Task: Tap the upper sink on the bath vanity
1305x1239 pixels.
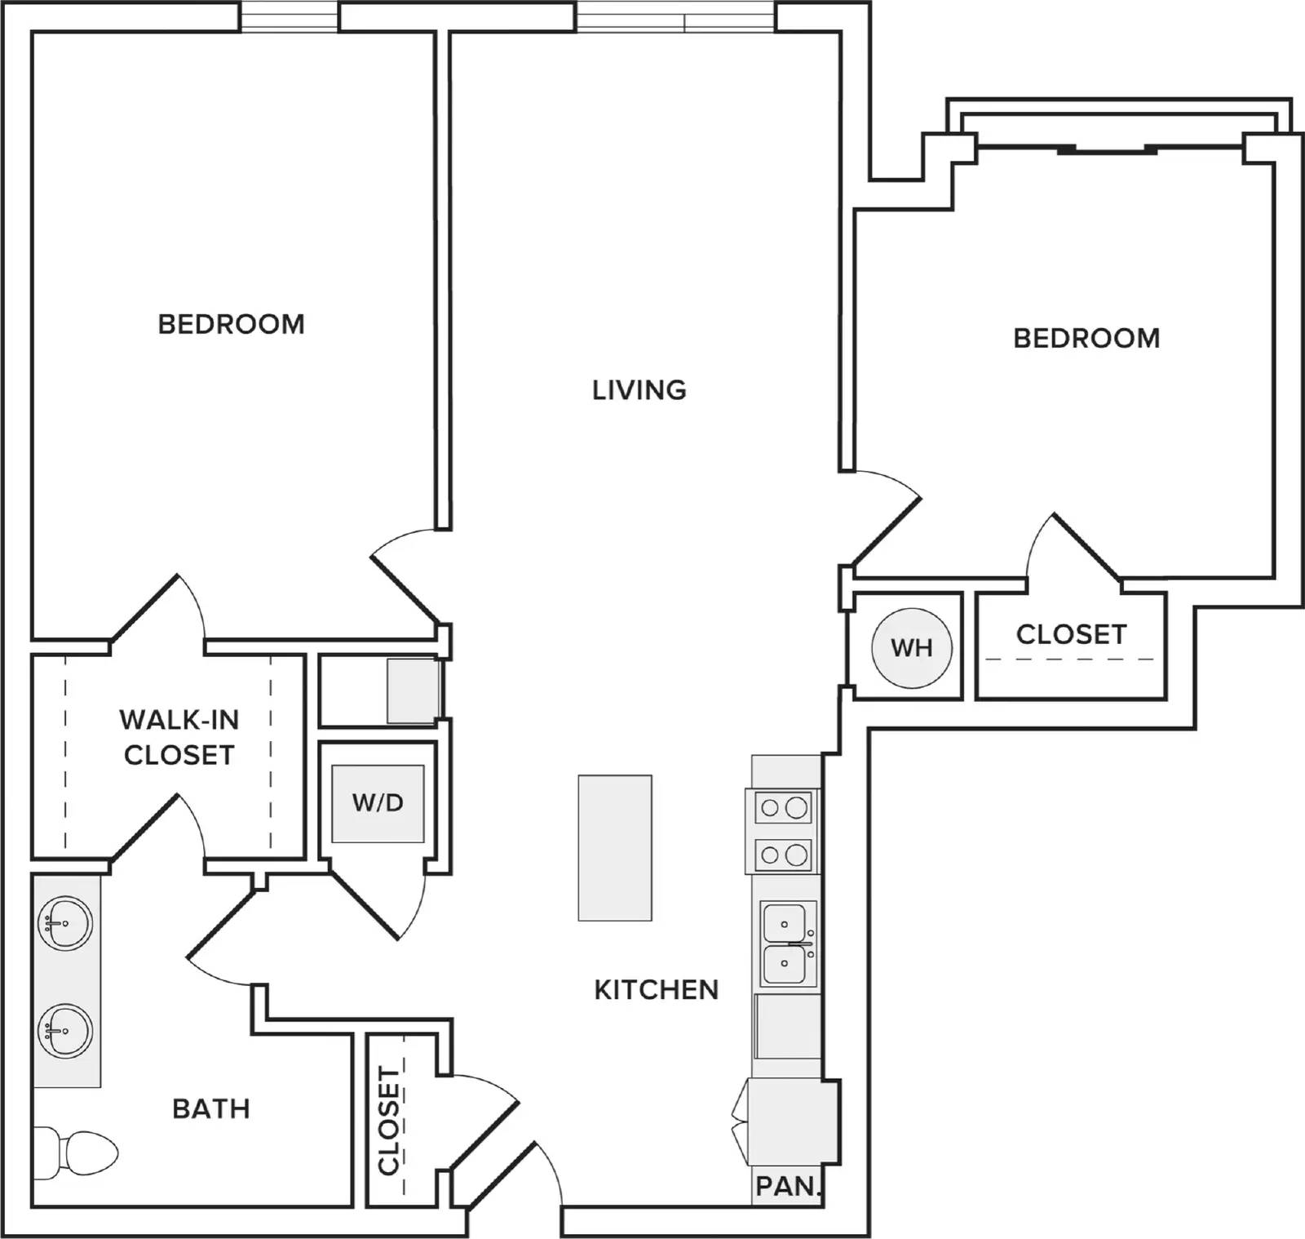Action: point(65,923)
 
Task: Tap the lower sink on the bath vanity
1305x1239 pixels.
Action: point(65,1030)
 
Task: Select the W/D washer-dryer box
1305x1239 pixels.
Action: point(378,803)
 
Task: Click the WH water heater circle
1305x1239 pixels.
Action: point(911,647)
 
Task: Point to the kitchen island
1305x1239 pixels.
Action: point(615,848)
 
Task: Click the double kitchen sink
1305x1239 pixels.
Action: point(788,944)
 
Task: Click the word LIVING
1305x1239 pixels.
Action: point(639,390)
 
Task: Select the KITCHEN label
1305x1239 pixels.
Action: point(657,990)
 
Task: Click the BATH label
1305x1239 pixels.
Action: point(211,1108)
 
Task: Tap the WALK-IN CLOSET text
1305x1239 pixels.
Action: point(179,737)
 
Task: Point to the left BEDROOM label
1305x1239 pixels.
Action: point(232,324)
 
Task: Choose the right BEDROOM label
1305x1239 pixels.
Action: point(1086,338)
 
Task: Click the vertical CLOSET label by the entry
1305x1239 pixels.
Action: point(390,1121)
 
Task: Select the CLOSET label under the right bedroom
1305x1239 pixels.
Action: point(1072,634)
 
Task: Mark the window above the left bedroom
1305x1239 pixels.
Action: point(289,16)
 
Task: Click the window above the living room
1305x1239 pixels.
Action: point(675,16)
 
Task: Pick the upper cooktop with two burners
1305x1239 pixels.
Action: point(784,809)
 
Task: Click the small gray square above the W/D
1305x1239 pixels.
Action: point(414,691)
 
